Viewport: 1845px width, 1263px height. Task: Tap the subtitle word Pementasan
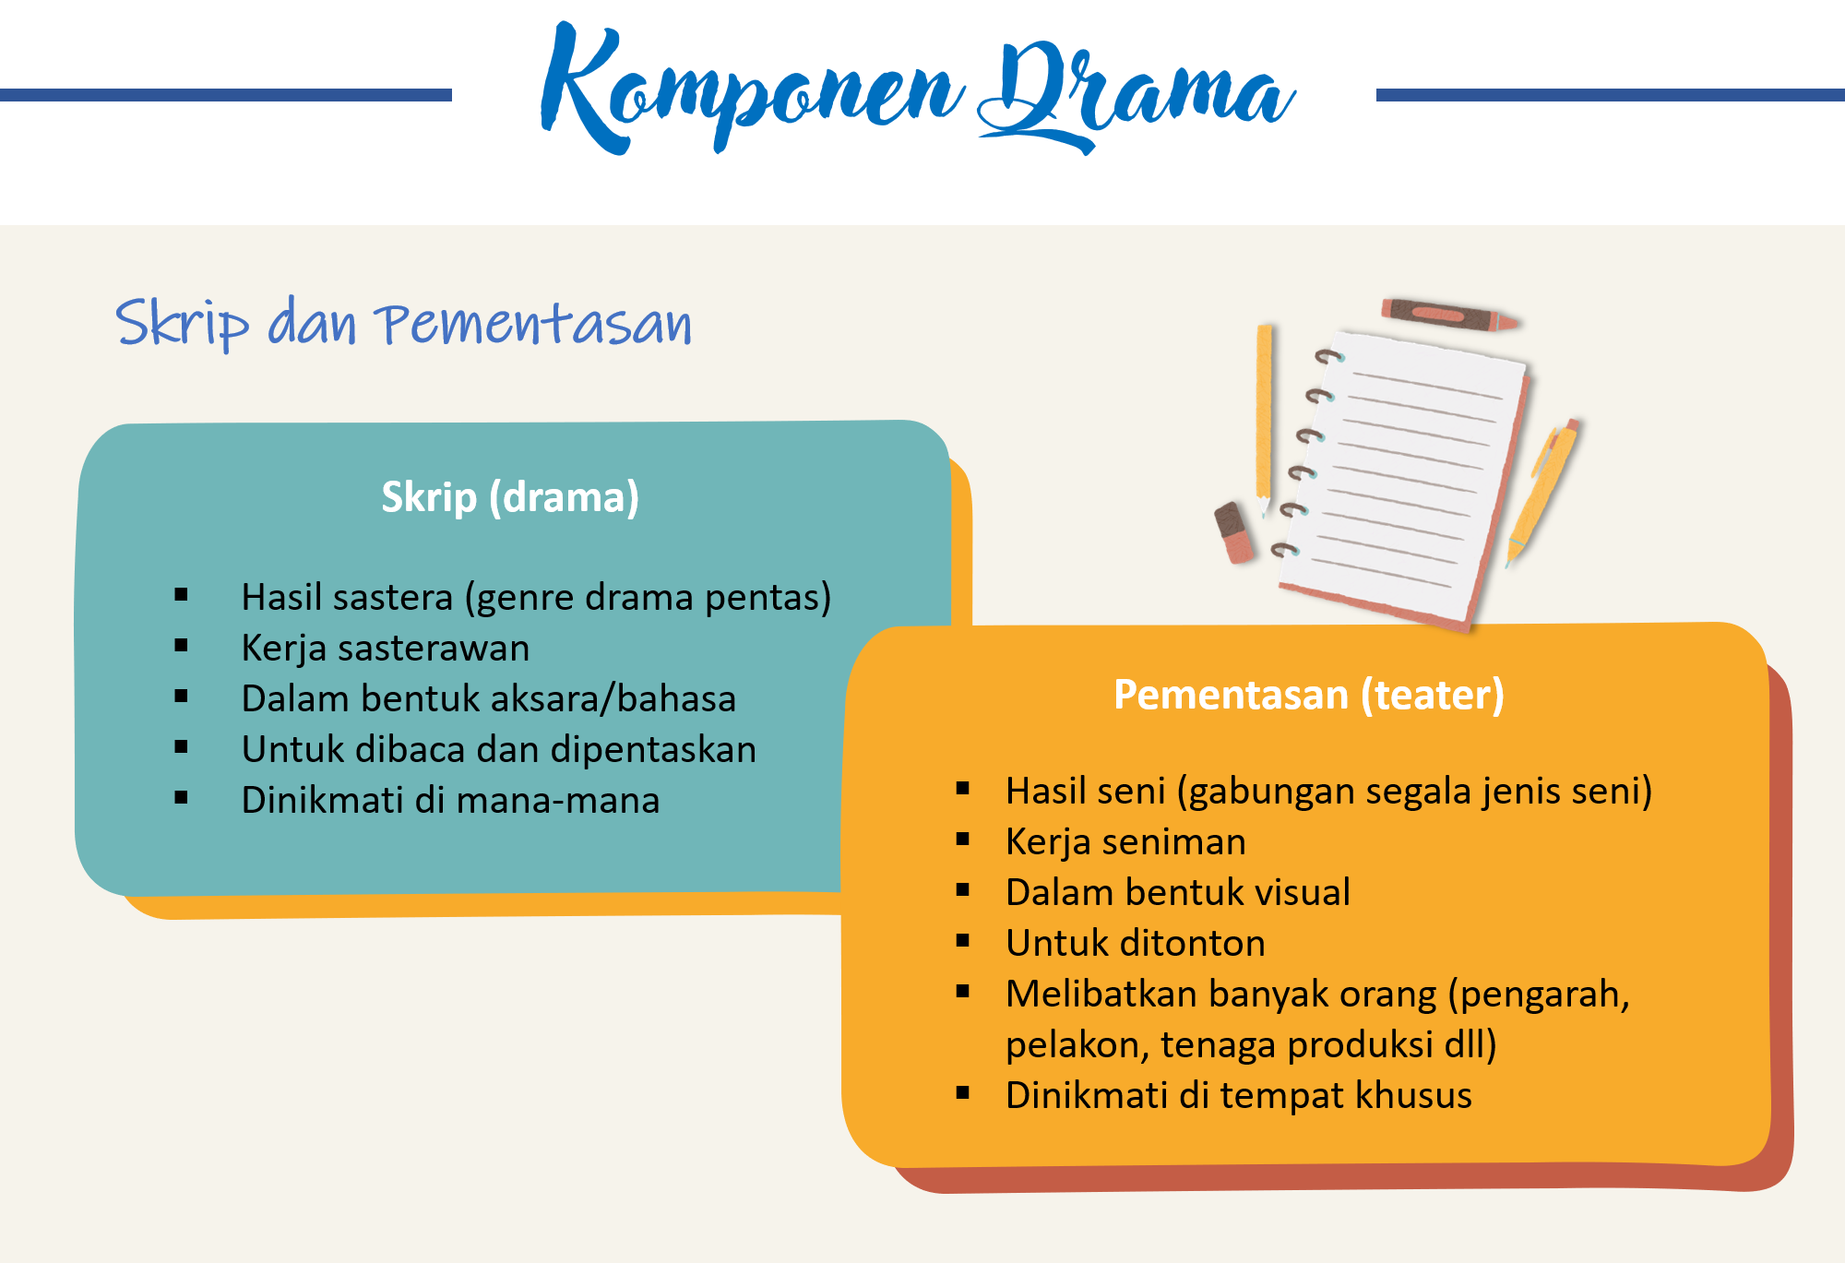click(533, 324)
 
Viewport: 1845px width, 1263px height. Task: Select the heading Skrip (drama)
click(510, 497)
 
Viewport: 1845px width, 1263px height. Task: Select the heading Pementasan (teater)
click(1309, 695)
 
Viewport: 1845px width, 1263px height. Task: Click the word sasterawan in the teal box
click(434, 648)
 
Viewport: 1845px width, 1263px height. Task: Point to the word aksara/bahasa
click(617, 698)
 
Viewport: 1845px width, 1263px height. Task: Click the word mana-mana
click(558, 800)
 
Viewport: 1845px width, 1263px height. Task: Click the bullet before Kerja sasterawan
click(181, 646)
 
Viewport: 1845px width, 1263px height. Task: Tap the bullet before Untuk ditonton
click(963, 941)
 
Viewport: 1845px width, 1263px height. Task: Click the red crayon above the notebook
click(1449, 315)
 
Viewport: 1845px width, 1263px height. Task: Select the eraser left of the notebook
click(1234, 532)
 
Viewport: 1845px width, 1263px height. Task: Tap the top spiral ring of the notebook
click(1329, 356)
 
